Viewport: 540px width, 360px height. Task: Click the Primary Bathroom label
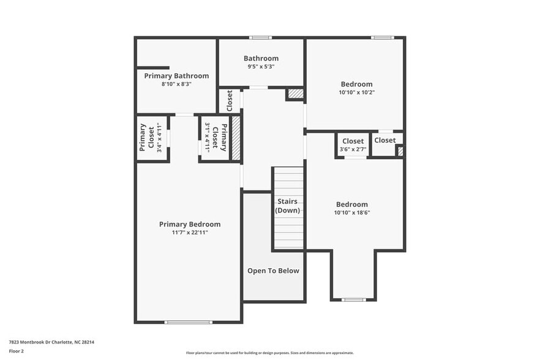coord(176,76)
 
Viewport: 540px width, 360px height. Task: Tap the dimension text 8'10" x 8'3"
coord(176,84)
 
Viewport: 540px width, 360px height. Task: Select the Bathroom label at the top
coord(261,59)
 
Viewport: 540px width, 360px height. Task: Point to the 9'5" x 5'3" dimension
coord(261,67)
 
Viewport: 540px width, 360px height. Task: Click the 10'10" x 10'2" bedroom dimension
coord(356,92)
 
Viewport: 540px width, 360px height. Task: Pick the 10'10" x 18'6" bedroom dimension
coord(352,213)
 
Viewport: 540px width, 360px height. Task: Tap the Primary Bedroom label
coord(190,224)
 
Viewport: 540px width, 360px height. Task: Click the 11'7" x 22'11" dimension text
coord(190,233)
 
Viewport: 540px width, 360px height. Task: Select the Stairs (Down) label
coord(288,206)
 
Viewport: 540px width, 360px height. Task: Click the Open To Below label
coord(273,271)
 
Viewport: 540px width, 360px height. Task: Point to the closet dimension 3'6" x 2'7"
coord(353,149)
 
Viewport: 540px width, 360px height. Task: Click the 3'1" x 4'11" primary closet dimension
coord(208,138)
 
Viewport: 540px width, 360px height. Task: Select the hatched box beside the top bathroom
coord(295,94)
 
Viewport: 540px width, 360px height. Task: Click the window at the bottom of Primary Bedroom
coord(189,322)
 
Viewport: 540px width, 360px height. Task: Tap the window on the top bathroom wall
coord(260,37)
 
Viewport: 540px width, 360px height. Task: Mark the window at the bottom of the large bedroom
coord(353,300)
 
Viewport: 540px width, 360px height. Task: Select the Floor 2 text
coord(17,351)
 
